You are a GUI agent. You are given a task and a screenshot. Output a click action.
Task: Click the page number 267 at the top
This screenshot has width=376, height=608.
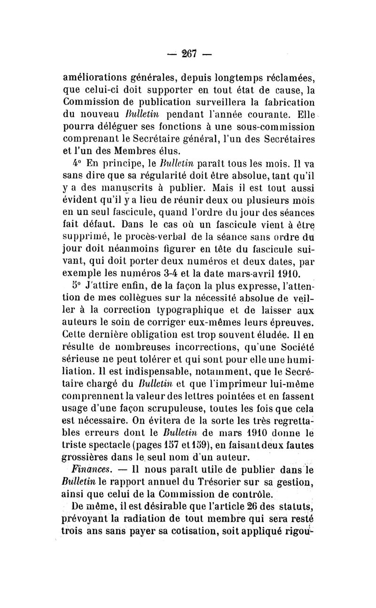point(189,53)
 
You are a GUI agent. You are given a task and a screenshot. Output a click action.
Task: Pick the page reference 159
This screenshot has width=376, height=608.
point(208,445)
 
